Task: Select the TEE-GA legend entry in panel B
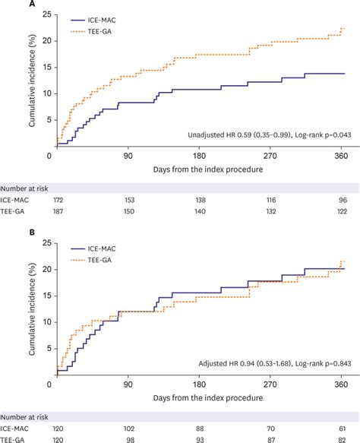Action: (96, 260)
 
